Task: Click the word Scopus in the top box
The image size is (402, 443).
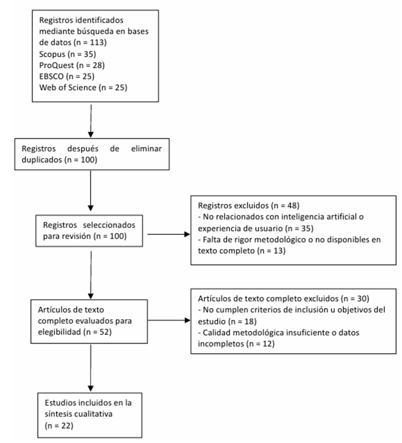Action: point(52,54)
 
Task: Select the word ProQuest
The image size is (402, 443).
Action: point(57,66)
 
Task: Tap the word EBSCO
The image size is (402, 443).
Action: point(52,76)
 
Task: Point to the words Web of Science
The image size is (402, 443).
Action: point(68,87)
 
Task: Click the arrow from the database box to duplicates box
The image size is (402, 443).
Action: point(91,121)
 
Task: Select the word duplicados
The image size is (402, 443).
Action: point(42,160)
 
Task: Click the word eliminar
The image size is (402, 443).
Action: point(147,149)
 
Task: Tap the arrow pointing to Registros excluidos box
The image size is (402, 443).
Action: point(169,234)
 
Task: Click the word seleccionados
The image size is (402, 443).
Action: point(109,225)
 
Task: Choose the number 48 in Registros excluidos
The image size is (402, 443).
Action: point(292,205)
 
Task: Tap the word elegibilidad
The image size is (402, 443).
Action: point(59,332)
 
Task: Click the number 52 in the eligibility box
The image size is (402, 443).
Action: point(104,332)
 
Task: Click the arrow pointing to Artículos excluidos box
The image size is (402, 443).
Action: point(169,320)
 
